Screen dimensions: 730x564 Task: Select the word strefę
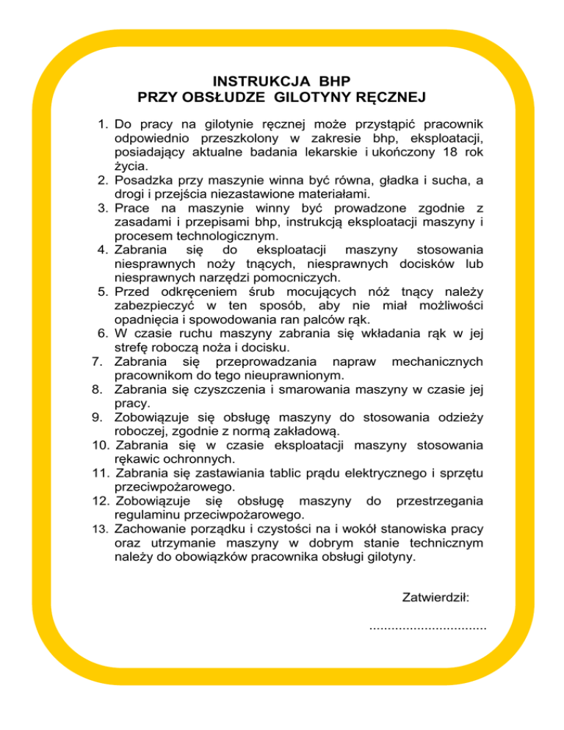(x=134, y=347)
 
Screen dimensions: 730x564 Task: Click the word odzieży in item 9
(x=460, y=417)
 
